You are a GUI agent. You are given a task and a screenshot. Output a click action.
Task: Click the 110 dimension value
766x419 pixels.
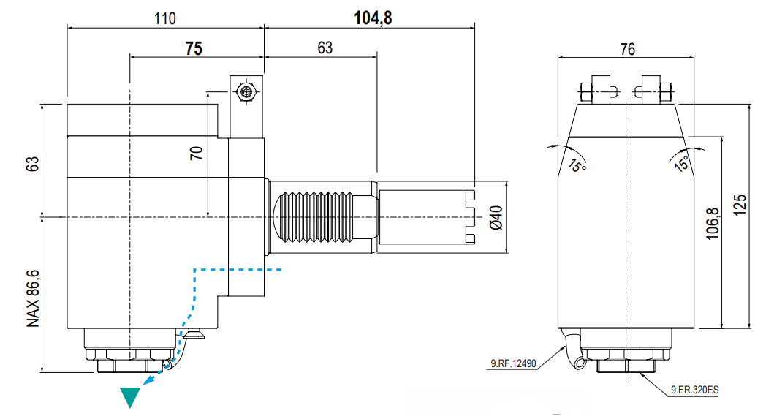[165, 18]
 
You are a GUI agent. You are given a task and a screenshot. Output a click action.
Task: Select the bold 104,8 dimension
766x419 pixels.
[373, 18]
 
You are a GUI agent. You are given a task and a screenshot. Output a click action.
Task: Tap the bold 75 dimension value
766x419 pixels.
[194, 48]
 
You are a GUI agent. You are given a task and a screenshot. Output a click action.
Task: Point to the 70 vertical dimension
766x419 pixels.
[197, 153]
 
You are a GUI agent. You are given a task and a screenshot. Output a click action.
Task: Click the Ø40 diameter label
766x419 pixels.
[496, 218]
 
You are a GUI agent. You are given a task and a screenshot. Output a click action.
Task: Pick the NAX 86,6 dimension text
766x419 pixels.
[33, 298]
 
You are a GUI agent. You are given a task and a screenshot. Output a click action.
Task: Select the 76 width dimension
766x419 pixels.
[627, 50]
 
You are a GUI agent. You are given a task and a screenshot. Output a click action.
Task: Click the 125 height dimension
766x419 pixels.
[740, 205]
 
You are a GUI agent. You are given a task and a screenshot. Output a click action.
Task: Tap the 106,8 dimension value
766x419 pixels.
[713, 224]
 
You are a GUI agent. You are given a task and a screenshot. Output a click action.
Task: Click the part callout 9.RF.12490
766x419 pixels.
[513, 363]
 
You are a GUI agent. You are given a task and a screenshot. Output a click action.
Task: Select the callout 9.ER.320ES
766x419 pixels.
[694, 390]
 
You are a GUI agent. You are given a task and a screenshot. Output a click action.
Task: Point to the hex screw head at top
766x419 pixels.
[246, 91]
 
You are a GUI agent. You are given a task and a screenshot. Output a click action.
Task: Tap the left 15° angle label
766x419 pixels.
[577, 166]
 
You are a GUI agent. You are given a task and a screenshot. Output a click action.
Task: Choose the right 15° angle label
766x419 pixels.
[682, 163]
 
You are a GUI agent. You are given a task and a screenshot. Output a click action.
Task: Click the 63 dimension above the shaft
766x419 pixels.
[325, 48]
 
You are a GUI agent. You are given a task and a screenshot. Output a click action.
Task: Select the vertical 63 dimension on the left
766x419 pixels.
[32, 165]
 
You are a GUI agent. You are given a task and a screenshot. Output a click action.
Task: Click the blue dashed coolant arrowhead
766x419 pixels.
[148, 380]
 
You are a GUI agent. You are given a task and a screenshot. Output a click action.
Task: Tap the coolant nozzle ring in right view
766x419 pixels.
[580, 363]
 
